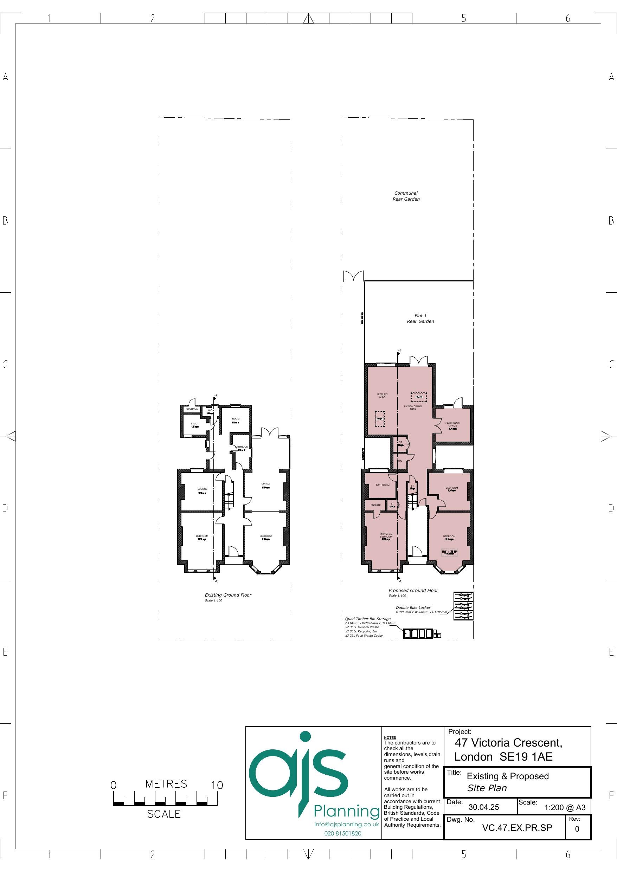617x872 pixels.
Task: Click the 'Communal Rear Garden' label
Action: coord(406,196)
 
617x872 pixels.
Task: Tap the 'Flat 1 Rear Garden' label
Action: coord(420,318)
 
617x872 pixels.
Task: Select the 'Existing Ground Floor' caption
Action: coord(228,595)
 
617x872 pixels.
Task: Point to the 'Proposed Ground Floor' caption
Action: coord(413,591)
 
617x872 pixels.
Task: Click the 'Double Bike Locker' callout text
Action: coord(413,608)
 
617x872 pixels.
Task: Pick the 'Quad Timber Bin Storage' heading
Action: coord(368,619)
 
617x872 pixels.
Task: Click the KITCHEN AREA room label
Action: coord(383,395)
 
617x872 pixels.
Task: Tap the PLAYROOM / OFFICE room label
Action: coord(453,424)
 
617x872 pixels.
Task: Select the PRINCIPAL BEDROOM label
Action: coord(386,535)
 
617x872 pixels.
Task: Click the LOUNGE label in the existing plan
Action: coord(202,489)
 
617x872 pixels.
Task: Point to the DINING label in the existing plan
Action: coord(265,484)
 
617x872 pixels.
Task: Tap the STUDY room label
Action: coord(195,423)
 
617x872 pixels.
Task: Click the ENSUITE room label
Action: coord(375,505)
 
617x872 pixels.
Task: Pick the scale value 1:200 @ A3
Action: coord(565,807)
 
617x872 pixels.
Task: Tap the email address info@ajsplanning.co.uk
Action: coord(347,824)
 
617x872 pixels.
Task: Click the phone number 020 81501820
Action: coord(343,833)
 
